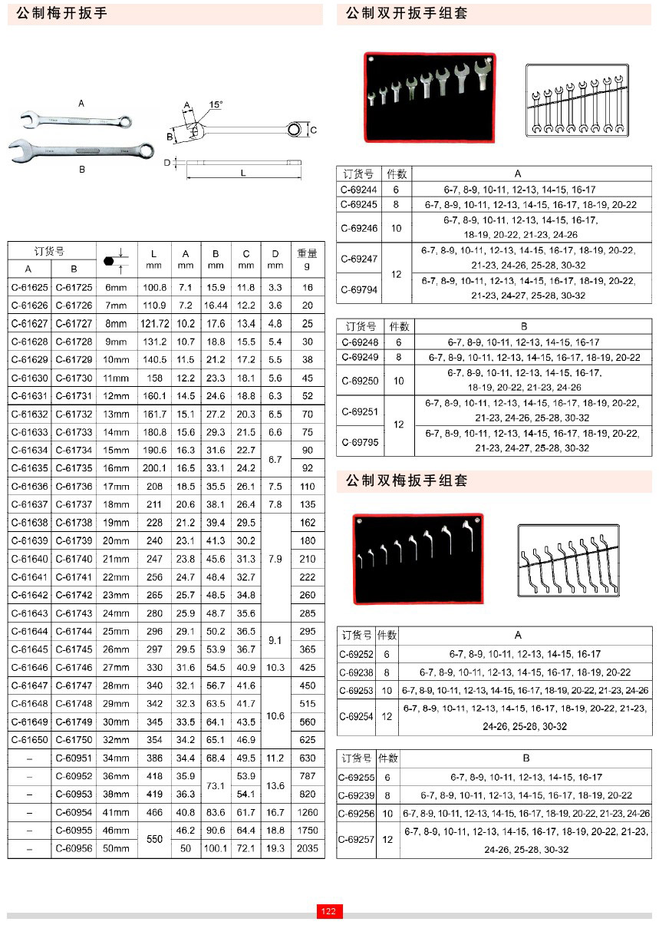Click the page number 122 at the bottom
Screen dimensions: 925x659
pyautogui.click(x=328, y=911)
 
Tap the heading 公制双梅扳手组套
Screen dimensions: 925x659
pyautogui.click(x=407, y=481)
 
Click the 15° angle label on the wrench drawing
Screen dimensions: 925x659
pyautogui.click(x=216, y=104)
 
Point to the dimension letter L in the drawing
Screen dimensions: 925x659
pyautogui.click(x=243, y=173)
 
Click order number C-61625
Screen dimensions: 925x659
pyautogui.click(x=29, y=287)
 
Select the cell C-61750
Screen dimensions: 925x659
pyautogui.click(x=74, y=739)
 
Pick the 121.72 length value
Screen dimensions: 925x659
pyautogui.click(x=155, y=324)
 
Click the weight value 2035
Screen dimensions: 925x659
pyautogui.click(x=307, y=848)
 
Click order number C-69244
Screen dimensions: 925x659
pyautogui.click(x=360, y=190)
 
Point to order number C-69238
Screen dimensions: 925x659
pyautogui.click(x=357, y=672)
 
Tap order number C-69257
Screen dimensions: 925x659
pyautogui.click(x=357, y=839)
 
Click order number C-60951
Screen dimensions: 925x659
pyautogui.click(x=74, y=758)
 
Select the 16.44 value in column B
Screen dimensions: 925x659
pyautogui.click(x=216, y=306)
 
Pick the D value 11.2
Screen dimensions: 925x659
pyautogui.click(x=275, y=758)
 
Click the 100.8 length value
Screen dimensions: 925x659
pyautogui.click(x=155, y=287)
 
